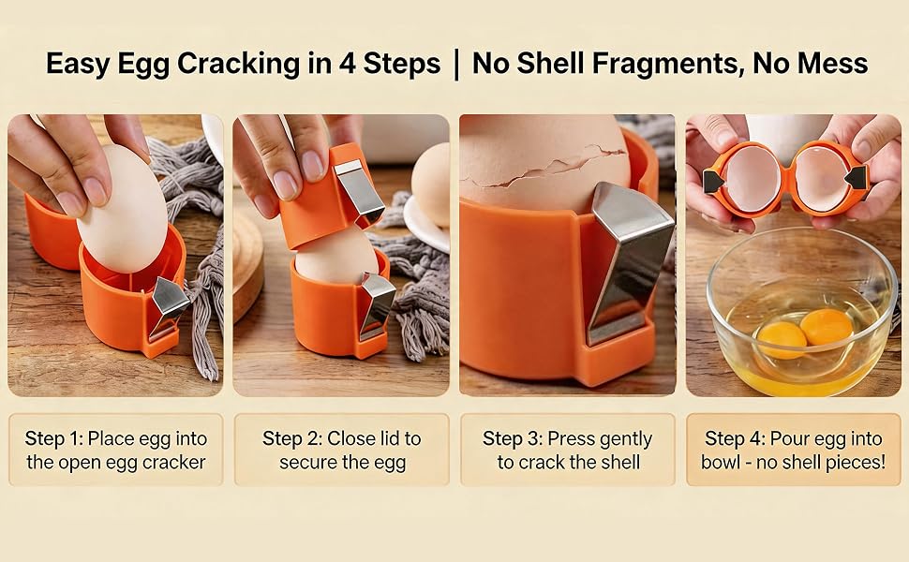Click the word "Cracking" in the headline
click(238, 64)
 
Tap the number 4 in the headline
click(347, 63)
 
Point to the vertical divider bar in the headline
click(456, 65)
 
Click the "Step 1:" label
click(54, 438)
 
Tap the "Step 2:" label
click(292, 438)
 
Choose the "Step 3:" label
click(513, 438)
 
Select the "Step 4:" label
click(735, 438)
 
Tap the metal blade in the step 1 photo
click(167, 306)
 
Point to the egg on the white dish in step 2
click(432, 185)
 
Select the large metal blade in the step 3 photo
click(629, 260)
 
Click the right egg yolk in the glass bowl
click(827, 326)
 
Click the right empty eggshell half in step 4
click(823, 179)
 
